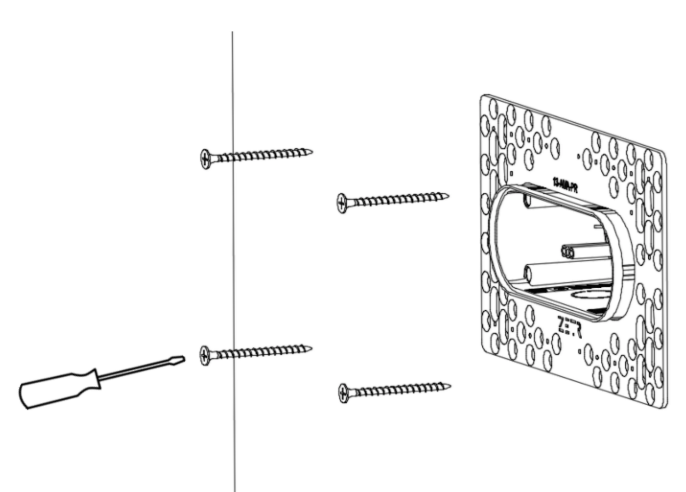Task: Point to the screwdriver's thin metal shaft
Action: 139,370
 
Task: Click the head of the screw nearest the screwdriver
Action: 205,355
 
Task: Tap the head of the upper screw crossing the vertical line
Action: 205,159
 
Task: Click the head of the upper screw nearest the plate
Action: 341,203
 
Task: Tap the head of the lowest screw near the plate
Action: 343,393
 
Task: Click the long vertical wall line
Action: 233,257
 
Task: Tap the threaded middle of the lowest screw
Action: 396,390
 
